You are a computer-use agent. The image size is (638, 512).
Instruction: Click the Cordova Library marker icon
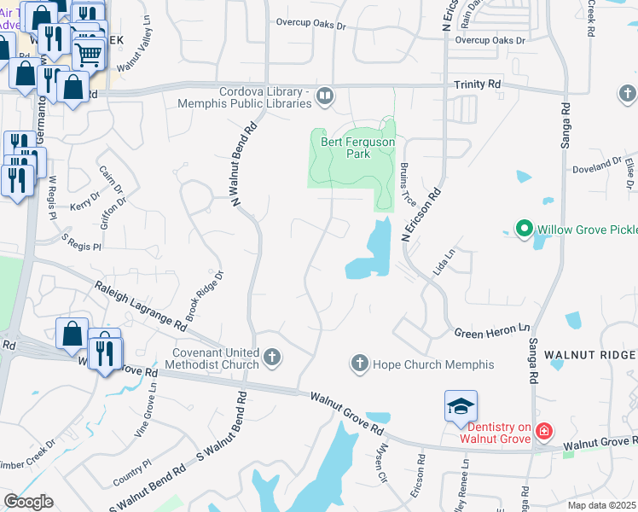pyautogui.click(x=324, y=96)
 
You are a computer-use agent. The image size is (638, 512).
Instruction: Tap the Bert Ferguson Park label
pyautogui.click(x=345, y=148)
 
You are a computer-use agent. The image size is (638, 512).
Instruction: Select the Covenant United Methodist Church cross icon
pyautogui.click(x=272, y=358)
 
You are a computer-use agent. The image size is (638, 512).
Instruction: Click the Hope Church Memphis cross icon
pyautogui.click(x=360, y=364)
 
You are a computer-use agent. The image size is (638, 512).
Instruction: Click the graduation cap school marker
pyautogui.click(x=461, y=407)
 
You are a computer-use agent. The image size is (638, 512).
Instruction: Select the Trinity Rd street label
pyautogui.click(x=478, y=84)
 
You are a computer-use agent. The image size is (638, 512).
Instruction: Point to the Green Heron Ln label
pyautogui.click(x=491, y=330)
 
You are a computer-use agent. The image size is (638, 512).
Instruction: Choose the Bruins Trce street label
pyautogui.click(x=407, y=181)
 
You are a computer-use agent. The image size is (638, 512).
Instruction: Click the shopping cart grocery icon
pyautogui.click(x=90, y=54)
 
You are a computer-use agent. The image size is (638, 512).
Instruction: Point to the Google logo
pyautogui.click(x=28, y=502)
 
